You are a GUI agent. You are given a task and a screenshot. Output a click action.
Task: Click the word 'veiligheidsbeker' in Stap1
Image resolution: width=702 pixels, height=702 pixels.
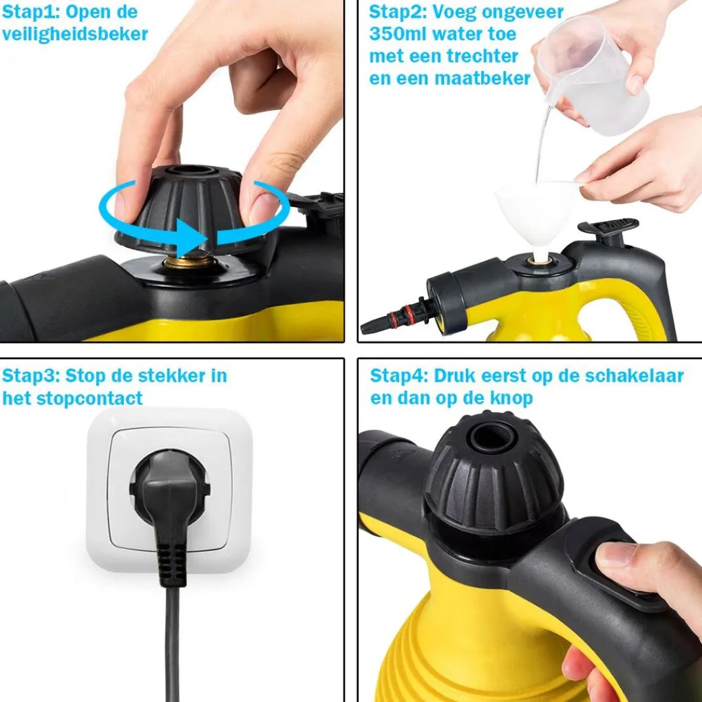[75, 34]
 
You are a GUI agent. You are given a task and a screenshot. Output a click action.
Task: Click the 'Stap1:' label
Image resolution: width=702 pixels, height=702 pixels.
[31, 12]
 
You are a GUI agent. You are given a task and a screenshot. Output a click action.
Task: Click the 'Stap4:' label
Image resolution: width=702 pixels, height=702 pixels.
[398, 376]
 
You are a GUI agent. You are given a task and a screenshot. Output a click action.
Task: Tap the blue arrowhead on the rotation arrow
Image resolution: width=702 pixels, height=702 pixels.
[191, 237]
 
